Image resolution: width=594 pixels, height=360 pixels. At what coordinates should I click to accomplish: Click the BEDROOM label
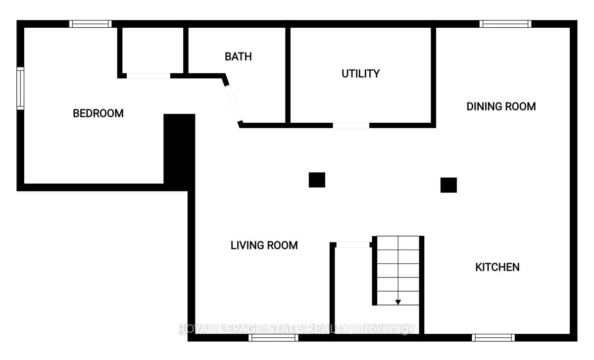[x=98, y=113]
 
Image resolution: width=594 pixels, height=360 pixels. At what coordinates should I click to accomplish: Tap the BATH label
[x=238, y=56]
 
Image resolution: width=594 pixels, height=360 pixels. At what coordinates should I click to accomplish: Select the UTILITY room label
[x=360, y=74]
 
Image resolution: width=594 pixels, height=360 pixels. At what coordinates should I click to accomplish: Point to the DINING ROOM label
[x=501, y=106]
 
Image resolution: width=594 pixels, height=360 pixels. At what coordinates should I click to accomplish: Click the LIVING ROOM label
[x=264, y=245]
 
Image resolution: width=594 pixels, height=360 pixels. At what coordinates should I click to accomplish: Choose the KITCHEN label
[x=497, y=267]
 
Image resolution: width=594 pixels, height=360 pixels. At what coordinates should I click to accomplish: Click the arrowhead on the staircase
[x=398, y=302]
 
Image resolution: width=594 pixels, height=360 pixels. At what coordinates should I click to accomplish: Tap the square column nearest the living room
[x=317, y=180]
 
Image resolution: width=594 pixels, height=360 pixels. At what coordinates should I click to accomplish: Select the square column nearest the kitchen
[x=448, y=185]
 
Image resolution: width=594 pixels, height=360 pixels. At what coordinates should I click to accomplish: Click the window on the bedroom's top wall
[x=90, y=24]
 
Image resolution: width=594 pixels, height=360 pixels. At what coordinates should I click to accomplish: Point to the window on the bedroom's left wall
[x=20, y=88]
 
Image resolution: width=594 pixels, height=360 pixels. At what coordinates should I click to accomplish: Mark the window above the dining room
[x=505, y=24]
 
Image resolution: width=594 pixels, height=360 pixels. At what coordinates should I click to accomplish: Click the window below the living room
[x=273, y=338]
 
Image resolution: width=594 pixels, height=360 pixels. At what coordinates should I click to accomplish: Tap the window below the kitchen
[x=493, y=338]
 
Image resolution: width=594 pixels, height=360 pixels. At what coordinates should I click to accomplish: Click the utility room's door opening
[x=350, y=125]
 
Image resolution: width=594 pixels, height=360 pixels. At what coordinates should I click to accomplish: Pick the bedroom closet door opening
[x=148, y=76]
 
